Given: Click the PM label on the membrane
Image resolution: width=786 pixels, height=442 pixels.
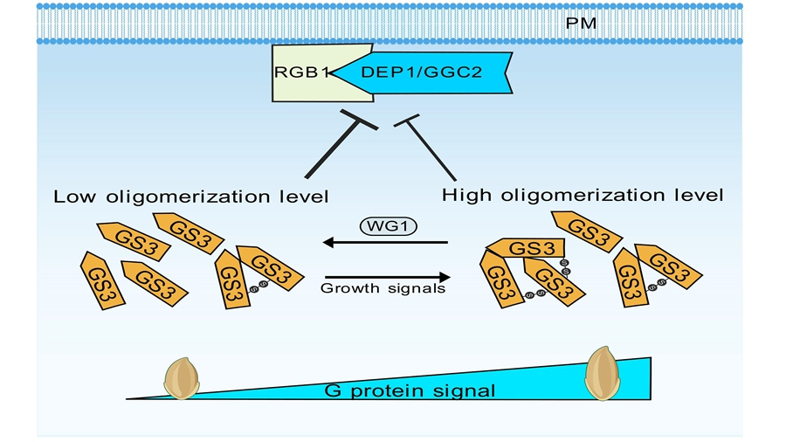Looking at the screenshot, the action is pos(581,24).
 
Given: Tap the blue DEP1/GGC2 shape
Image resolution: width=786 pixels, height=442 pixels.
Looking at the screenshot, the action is pos(422,73).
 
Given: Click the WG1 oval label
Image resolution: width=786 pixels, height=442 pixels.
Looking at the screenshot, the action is pos(389,226).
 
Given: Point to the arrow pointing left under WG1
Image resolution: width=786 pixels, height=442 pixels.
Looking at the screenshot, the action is pos(385,243).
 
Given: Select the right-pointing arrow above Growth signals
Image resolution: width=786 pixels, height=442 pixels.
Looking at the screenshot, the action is pos(388,277).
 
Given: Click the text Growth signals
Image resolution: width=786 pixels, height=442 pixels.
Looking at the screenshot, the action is pos(383,288).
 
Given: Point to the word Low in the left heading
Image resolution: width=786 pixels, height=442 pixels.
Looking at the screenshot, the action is pos(74,197).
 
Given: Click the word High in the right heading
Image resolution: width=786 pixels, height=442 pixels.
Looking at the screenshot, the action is pos(466,196).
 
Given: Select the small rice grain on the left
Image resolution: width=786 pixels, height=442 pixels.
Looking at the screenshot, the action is pos(182,378).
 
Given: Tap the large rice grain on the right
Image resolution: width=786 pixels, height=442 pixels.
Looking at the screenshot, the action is pos(603,373).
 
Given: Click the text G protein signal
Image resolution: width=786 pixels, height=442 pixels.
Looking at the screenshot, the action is pos(410,390).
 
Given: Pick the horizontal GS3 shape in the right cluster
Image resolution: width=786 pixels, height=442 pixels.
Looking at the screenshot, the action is pos(527,248).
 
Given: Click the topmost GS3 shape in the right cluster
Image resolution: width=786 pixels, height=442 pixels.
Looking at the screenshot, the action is pos(587,231).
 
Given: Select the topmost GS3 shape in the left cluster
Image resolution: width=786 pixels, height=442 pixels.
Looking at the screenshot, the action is pos(188,233).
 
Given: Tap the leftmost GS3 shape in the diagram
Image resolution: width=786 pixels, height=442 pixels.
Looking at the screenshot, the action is pos(102,280).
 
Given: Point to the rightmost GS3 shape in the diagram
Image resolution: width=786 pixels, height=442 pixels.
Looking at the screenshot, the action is pos(668,266).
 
